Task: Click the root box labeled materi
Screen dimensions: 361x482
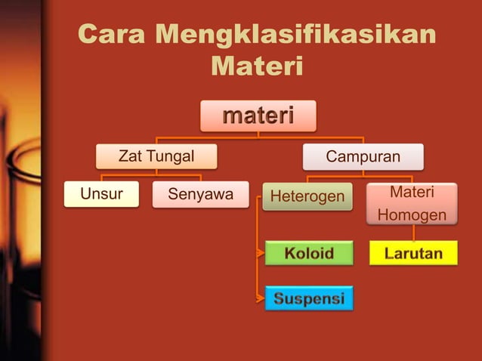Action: pyautogui.click(x=258, y=116)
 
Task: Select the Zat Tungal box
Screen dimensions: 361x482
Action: pyautogui.click(x=156, y=156)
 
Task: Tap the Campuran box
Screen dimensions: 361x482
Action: pyautogui.click(x=363, y=156)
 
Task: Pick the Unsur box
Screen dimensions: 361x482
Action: pyautogui.click(x=101, y=195)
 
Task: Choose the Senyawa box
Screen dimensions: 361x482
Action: pyautogui.click(x=200, y=195)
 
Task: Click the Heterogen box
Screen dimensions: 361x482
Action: pyautogui.click(x=307, y=196)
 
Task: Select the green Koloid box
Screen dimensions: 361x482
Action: pyautogui.click(x=309, y=253)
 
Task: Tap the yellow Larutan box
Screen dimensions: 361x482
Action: pyautogui.click(x=413, y=253)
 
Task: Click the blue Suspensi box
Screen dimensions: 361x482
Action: pyautogui.click(x=309, y=298)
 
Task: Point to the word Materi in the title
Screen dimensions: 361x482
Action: pyautogui.click(x=257, y=66)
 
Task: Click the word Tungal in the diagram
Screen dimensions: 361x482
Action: pyautogui.click(x=171, y=156)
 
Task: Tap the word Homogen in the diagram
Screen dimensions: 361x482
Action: pyautogui.click(x=412, y=216)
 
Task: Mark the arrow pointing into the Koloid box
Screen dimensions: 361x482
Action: pyautogui.click(x=261, y=253)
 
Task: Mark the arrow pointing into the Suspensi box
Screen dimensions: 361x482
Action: pyautogui.click(x=261, y=298)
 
